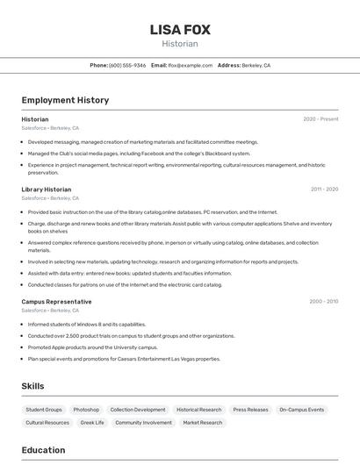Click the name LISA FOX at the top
tap(180, 30)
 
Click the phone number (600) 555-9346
tap(127, 65)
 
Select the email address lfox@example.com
tap(190, 65)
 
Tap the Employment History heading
tap(65, 100)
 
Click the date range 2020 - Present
tap(320, 119)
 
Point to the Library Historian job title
tap(47, 190)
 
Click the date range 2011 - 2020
tap(324, 190)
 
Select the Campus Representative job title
tap(56, 302)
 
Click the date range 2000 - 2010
tap(323, 302)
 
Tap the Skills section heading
tap(32, 386)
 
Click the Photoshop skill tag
tap(86, 410)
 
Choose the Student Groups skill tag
tap(44, 410)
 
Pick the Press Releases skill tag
tap(251, 410)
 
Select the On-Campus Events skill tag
tap(302, 410)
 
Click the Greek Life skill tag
tap(92, 423)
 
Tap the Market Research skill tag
tap(203, 423)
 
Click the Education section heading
tap(43, 450)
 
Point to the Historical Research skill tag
tap(199, 410)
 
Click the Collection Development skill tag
tap(138, 410)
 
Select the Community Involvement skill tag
tap(143, 423)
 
